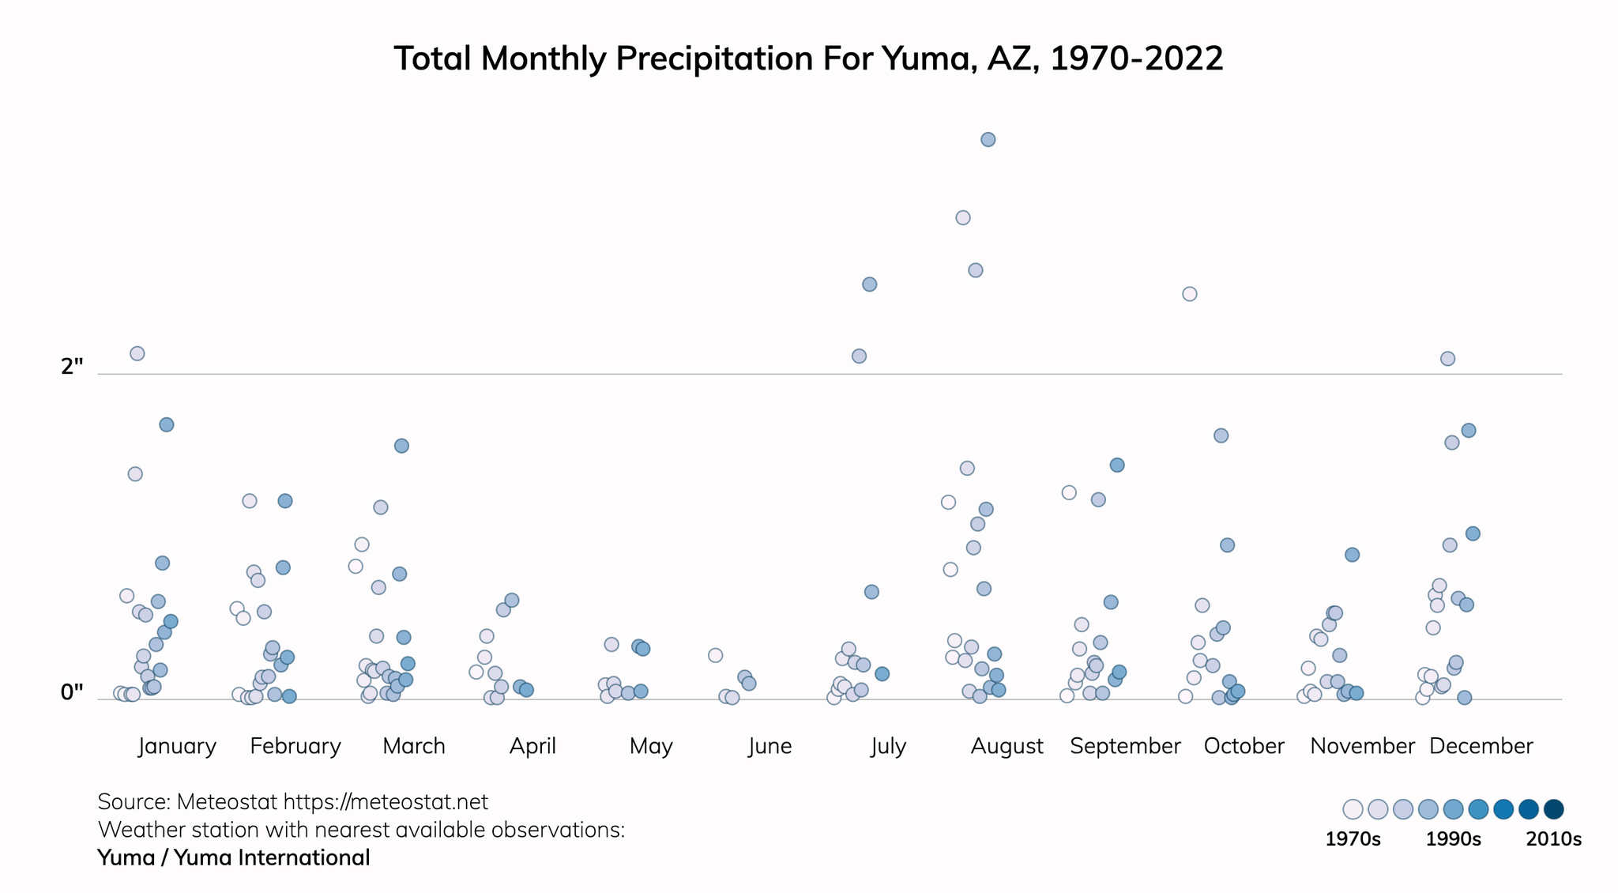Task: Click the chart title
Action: pos(808,58)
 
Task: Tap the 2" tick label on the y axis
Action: pos(72,367)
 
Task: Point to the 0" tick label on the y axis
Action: pos(72,692)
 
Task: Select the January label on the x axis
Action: pos(177,746)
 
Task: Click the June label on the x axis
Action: pos(769,746)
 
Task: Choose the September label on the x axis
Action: pos(1125,746)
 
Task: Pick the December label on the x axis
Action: pos(1481,746)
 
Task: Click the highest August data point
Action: pos(988,140)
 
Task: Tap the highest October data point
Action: pos(1189,294)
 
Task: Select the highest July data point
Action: pos(869,284)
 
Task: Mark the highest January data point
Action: pos(137,353)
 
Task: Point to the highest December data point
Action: pos(1447,359)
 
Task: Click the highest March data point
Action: pos(401,446)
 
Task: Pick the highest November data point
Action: pos(1352,555)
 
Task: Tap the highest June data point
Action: pos(715,655)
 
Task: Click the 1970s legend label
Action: pos(1353,839)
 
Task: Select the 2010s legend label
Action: pos(1553,839)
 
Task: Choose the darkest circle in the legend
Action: pos(1553,809)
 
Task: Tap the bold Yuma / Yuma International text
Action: pos(234,857)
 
